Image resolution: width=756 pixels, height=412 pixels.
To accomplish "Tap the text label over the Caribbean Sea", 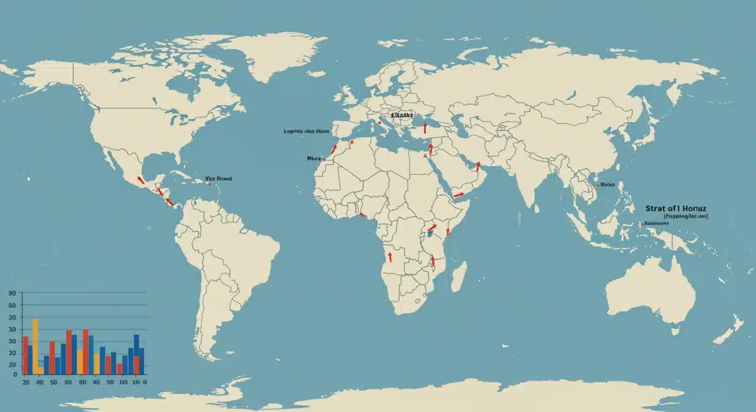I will (x=219, y=179).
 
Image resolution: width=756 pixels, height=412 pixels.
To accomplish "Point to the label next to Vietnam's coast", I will (x=607, y=185).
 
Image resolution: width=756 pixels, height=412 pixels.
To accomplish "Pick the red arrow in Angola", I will (x=390, y=257).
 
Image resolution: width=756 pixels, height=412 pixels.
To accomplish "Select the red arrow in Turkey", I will (x=425, y=128).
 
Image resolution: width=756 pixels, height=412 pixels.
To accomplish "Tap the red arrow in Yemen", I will (x=459, y=195).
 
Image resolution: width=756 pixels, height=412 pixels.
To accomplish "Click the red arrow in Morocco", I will (x=334, y=149).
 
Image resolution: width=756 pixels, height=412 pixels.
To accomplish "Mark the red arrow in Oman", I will (x=478, y=166).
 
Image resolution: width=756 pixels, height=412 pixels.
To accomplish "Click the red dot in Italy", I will (x=380, y=123).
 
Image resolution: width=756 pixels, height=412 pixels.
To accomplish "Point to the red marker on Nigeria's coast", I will (x=363, y=215).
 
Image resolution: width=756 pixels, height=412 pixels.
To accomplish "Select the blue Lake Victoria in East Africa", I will (x=429, y=233).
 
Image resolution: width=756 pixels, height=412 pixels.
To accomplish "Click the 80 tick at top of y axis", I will (x=11, y=294).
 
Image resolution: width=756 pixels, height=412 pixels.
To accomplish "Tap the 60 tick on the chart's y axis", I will (x=11, y=306).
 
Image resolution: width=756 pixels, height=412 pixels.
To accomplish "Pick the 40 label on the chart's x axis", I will (x=96, y=382).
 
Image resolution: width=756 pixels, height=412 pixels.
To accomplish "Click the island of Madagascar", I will (x=460, y=277).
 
